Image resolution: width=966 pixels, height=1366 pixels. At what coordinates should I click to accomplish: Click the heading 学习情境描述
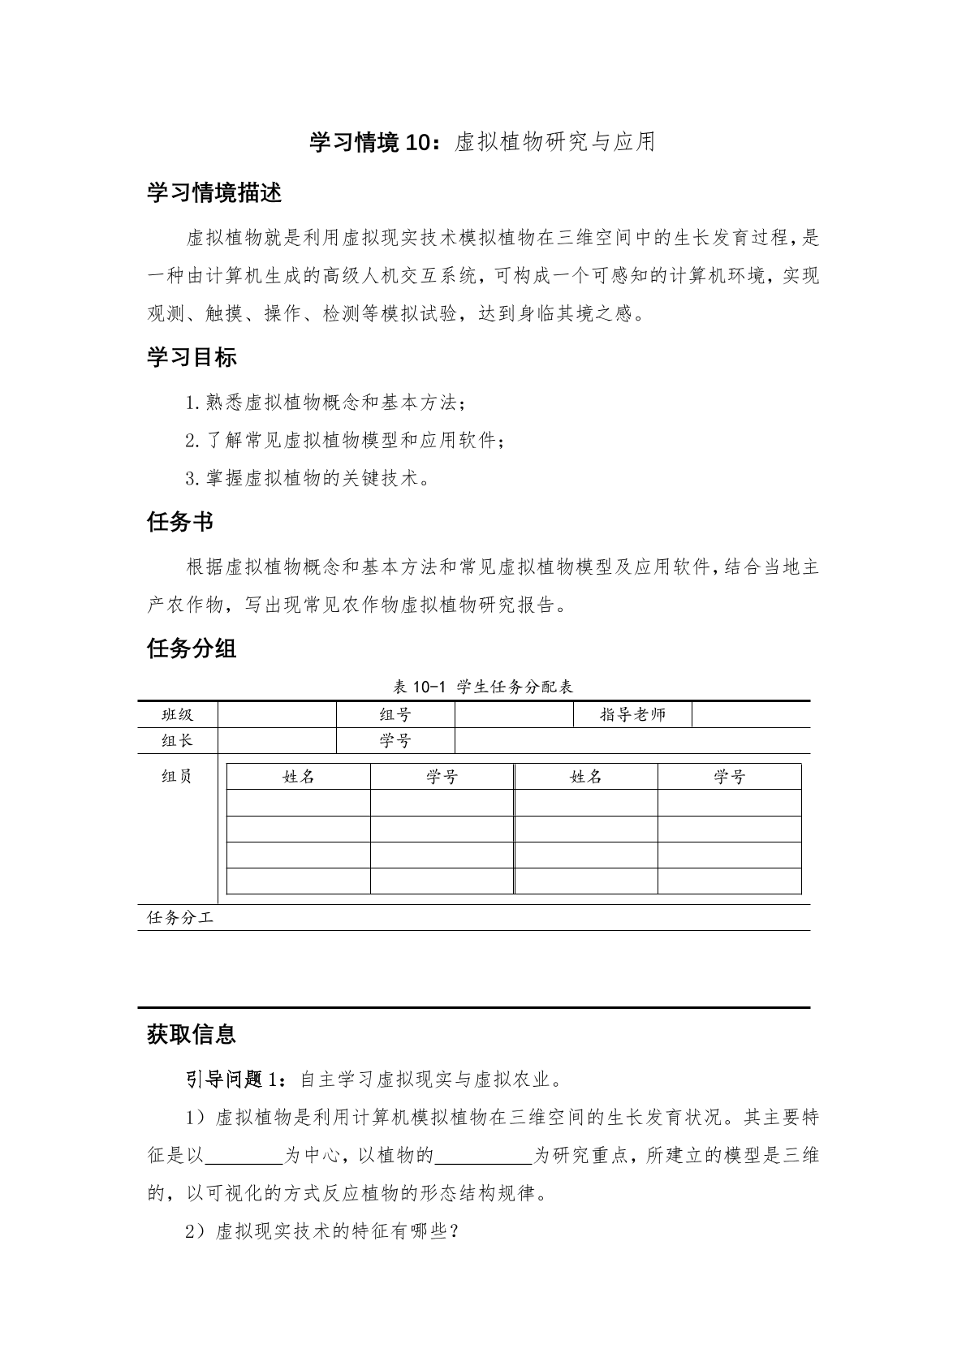[214, 193]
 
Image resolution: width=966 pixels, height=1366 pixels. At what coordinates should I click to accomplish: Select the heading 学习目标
[192, 357]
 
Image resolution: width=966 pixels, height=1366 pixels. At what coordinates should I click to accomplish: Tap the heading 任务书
[180, 522]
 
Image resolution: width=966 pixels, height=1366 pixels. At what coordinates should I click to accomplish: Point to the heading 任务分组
[192, 649]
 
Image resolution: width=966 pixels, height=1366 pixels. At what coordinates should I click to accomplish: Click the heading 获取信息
[192, 1034]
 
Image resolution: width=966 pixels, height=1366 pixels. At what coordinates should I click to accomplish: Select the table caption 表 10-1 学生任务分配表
[483, 687]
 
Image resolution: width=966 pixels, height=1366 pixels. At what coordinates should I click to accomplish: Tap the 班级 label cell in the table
[178, 714]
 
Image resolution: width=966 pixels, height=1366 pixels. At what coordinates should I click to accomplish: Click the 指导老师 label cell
[632, 714]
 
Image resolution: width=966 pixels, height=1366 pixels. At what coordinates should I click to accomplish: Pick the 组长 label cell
[178, 740]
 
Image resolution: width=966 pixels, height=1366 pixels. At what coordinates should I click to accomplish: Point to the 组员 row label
[177, 777]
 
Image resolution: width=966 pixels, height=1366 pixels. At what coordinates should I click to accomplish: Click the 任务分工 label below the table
[180, 918]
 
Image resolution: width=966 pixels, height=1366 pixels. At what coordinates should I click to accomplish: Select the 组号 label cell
[395, 714]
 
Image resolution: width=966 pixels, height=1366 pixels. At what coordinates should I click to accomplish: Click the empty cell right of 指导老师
[751, 714]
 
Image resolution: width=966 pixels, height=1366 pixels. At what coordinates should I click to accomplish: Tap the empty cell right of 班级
[277, 714]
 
